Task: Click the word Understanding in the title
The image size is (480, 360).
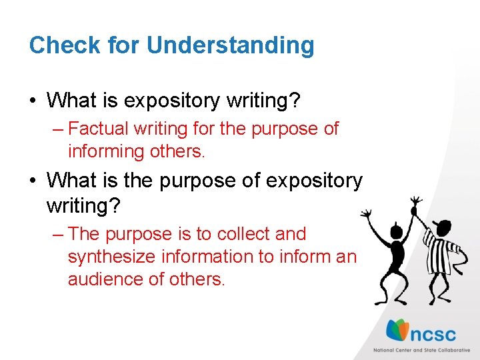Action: tap(230, 45)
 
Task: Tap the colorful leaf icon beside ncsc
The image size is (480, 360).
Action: tap(399, 331)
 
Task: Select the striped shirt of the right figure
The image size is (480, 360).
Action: tap(442, 251)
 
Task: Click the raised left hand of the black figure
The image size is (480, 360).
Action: tap(366, 213)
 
